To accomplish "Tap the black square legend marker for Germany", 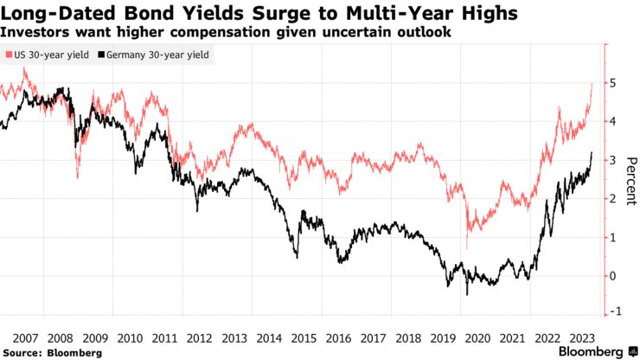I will pyautogui.click(x=102, y=55).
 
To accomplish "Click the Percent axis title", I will pyautogui.click(x=630, y=179).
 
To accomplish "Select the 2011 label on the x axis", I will pyautogui.click(x=165, y=337).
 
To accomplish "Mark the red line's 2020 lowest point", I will pyautogui.click(x=467, y=248).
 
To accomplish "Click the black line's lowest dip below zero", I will pyautogui.click(x=467, y=294).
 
